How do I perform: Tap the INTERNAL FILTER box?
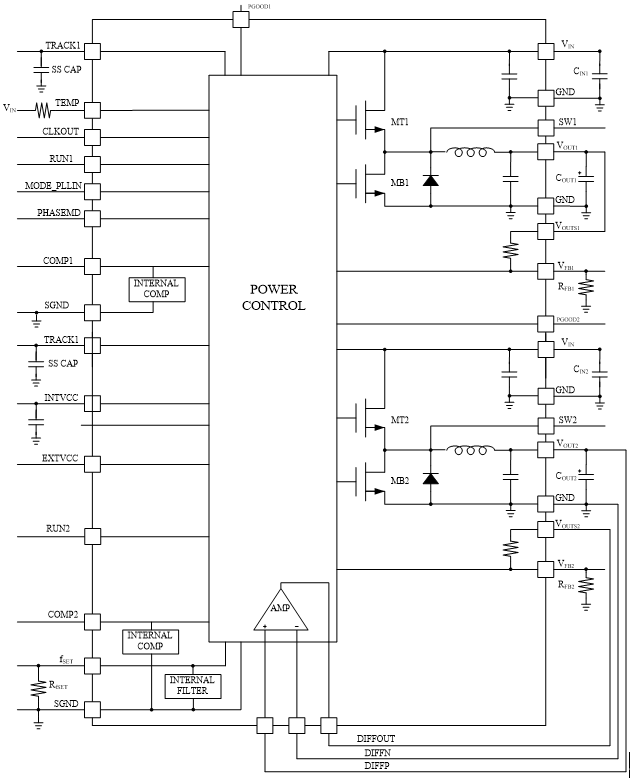click(x=193, y=686)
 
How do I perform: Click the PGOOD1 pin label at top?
click(x=259, y=6)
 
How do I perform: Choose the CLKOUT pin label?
click(x=59, y=131)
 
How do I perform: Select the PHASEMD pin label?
click(x=58, y=212)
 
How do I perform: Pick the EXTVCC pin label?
click(x=59, y=459)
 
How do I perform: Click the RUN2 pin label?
click(x=59, y=527)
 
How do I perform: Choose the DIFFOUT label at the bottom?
click(x=377, y=738)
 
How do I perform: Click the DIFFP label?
click(x=377, y=765)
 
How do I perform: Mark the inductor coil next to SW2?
click(x=469, y=450)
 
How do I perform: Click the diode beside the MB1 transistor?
click(x=431, y=181)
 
